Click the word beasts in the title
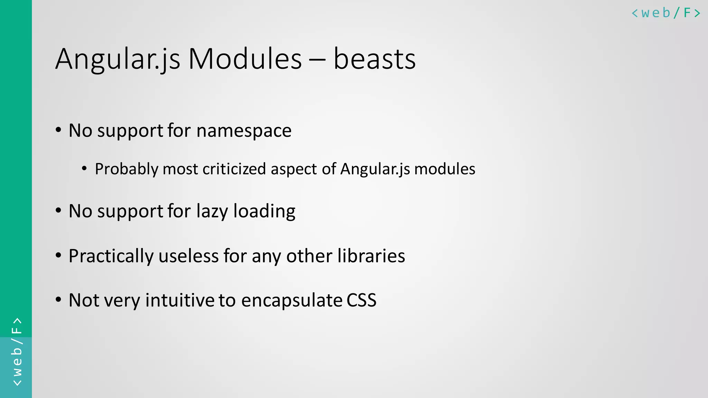click(374, 59)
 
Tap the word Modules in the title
click(245, 59)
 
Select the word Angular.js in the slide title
click(118, 60)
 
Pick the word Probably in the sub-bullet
click(127, 169)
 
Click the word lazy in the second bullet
click(212, 211)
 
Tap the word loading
click(264, 211)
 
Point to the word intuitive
click(180, 300)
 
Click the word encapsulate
click(291, 300)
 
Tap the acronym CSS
click(361, 300)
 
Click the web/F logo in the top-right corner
click(666, 13)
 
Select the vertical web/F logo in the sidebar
click(17, 352)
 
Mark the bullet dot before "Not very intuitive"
click(58, 299)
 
